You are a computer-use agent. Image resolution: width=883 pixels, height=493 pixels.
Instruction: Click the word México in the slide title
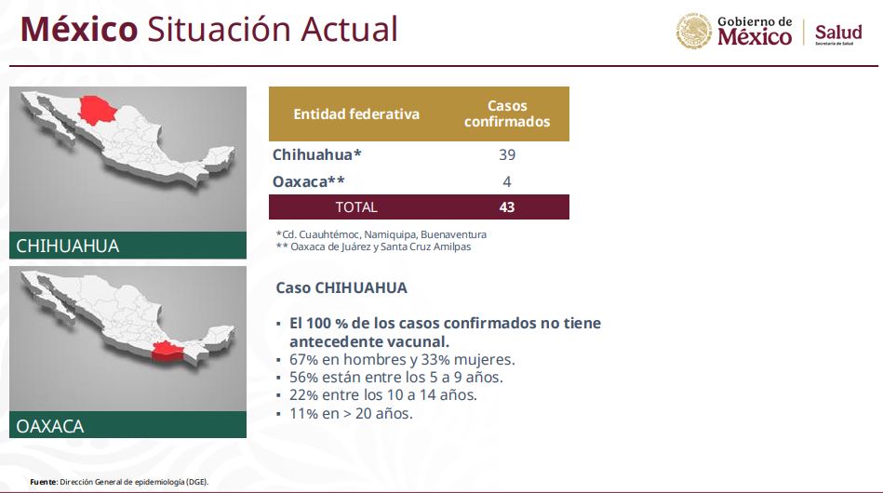pyautogui.click(x=79, y=29)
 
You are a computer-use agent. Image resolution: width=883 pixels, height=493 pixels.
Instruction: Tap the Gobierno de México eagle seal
pyautogui.click(x=694, y=31)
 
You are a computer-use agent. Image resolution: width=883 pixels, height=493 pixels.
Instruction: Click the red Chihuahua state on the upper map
pyautogui.click(x=97, y=109)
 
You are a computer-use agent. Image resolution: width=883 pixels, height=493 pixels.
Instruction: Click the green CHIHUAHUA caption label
pyautogui.click(x=127, y=246)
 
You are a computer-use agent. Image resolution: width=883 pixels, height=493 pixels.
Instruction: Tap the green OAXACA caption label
pyautogui.click(x=127, y=425)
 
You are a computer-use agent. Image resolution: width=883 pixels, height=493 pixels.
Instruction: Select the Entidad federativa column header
pyautogui.click(x=356, y=114)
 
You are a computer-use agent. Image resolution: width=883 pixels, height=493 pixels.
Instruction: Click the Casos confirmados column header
pyautogui.click(x=507, y=113)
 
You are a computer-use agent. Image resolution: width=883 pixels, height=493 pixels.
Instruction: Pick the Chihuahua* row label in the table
pyautogui.click(x=317, y=154)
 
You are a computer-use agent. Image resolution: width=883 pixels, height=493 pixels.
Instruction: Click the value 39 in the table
pyautogui.click(x=507, y=154)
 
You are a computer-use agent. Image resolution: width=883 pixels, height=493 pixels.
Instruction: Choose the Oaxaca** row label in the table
pyautogui.click(x=309, y=181)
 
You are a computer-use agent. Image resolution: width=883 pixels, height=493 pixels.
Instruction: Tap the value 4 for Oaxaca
pyautogui.click(x=507, y=181)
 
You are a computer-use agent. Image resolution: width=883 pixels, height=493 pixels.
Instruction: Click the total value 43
pyautogui.click(x=507, y=207)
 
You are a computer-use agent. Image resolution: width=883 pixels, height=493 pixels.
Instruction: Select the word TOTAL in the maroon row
pyautogui.click(x=356, y=207)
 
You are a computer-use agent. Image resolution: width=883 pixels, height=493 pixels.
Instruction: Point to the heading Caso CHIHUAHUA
pyautogui.click(x=341, y=287)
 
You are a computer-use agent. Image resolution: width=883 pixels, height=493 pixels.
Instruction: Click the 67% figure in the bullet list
pyautogui.click(x=304, y=359)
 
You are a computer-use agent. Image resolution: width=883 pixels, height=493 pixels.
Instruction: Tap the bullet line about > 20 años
pyautogui.click(x=351, y=414)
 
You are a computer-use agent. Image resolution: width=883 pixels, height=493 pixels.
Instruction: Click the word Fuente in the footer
pyautogui.click(x=44, y=483)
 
